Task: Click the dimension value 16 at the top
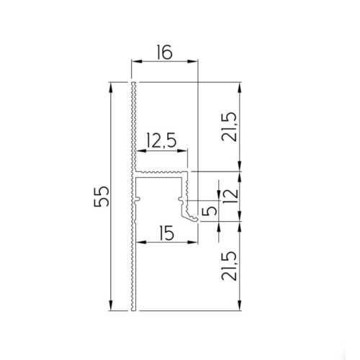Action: pos(164,52)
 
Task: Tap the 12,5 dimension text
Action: pos(161,140)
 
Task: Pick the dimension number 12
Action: pos(229,194)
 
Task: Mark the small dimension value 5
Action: pos(210,210)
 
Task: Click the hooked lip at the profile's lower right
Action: pos(192,215)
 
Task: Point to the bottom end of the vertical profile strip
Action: pos(133,309)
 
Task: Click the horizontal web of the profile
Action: pos(162,174)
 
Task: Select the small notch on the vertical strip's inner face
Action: pos(137,196)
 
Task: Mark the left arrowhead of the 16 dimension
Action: pos(135,62)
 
